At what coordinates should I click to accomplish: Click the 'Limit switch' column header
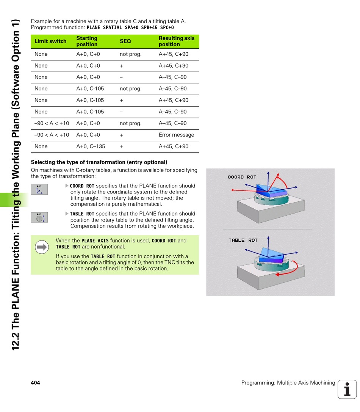click(x=50, y=41)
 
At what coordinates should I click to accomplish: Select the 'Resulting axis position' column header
click(x=177, y=41)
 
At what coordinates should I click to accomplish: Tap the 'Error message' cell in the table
click(x=176, y=135)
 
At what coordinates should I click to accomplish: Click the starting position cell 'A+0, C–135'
click(x=91, y=146)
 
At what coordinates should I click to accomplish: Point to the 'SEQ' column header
click(x=125, y=41)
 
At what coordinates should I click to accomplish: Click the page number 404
click(x=35, y=383)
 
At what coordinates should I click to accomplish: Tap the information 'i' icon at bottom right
click(x=347, y=389)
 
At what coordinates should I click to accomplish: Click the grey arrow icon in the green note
click(x=42, y=247)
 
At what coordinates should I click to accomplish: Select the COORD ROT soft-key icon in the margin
click(x=39, y=189)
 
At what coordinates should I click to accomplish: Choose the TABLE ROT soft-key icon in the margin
click(x=39, y=217)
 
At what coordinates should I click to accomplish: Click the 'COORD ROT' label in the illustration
click(x=242, y=177)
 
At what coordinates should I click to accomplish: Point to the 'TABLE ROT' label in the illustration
click(x=243, y=240)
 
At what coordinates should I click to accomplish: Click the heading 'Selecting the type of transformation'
click(x=99, y=162)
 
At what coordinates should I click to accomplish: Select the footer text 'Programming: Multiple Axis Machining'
click(x=288, y=383)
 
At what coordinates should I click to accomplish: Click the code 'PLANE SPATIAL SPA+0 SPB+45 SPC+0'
click(x=130, y=28)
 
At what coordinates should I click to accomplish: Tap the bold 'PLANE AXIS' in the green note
click(x=95, y=241)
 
